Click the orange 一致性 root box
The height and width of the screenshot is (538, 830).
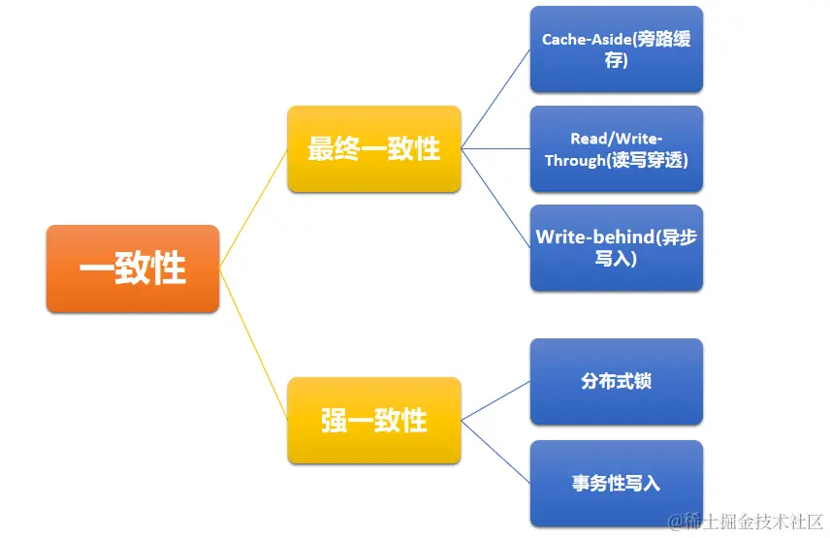tap(132, 269)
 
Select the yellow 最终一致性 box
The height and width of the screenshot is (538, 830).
tap(373, 148)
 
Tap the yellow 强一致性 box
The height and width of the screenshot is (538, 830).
tap(373, 420)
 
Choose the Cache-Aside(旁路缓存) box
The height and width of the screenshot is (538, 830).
tap(616, 49)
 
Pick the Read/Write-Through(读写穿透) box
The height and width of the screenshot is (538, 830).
tap(616, 149)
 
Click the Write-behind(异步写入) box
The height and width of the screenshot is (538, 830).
tap(616, 247)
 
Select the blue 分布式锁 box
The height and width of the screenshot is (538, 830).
tap(616, 381)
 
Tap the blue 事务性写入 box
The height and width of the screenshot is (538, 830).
tap(616, 483)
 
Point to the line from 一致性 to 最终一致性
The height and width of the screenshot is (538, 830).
tap(253, 208)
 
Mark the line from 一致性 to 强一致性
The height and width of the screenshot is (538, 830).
tap(253, 344)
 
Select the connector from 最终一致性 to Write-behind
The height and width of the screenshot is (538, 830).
tap(495, 198)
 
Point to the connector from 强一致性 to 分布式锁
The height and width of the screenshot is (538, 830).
tap(495, 400)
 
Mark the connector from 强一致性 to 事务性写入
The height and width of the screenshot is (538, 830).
tap(495, 452)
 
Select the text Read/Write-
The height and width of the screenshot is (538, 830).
tap(616, 139)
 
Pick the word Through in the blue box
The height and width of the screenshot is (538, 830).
tap(574, 160)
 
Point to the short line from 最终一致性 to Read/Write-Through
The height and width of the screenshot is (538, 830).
tap(495, 148)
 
